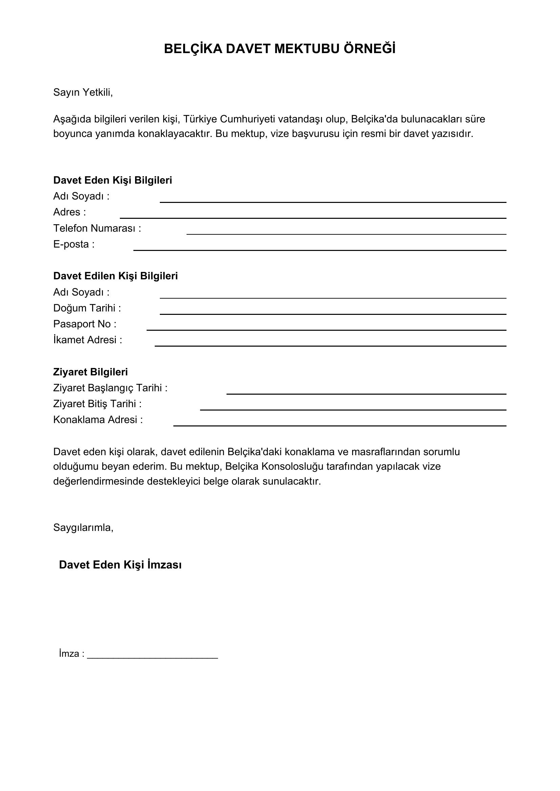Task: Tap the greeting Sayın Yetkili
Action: click(x=83, y=92)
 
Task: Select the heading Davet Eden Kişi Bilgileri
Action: click(x=112, y=180)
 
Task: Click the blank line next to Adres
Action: click(x=313, y=217)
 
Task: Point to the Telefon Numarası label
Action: click(x=97, y=228)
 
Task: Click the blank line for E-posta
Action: click(x=320, y=250)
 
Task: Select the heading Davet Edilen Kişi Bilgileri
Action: click(x=115, y=276)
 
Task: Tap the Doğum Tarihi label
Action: click(x=87, y=308)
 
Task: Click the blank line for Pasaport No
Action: click(x=326, y=329)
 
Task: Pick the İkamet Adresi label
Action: click(x=88, y=340)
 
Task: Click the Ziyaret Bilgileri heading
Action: click(x=90, y=372)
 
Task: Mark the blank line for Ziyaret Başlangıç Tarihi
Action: click(x=366, y=393)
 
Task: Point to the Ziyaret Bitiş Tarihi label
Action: click(x=97, y=404)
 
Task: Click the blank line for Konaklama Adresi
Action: click(x=340, y=425)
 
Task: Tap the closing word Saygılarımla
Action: click(x=83, y=528)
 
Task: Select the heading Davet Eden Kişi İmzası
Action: click(x=120, y=565)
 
